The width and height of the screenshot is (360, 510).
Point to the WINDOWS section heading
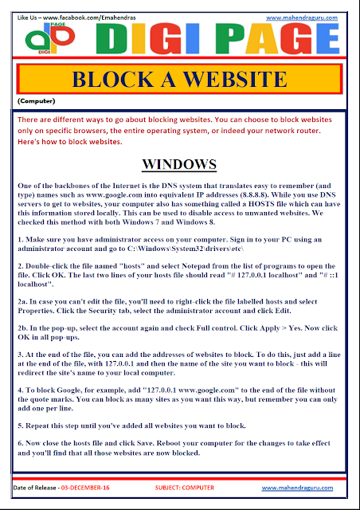(178, 165)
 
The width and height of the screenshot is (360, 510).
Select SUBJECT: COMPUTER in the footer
(180, 486)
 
